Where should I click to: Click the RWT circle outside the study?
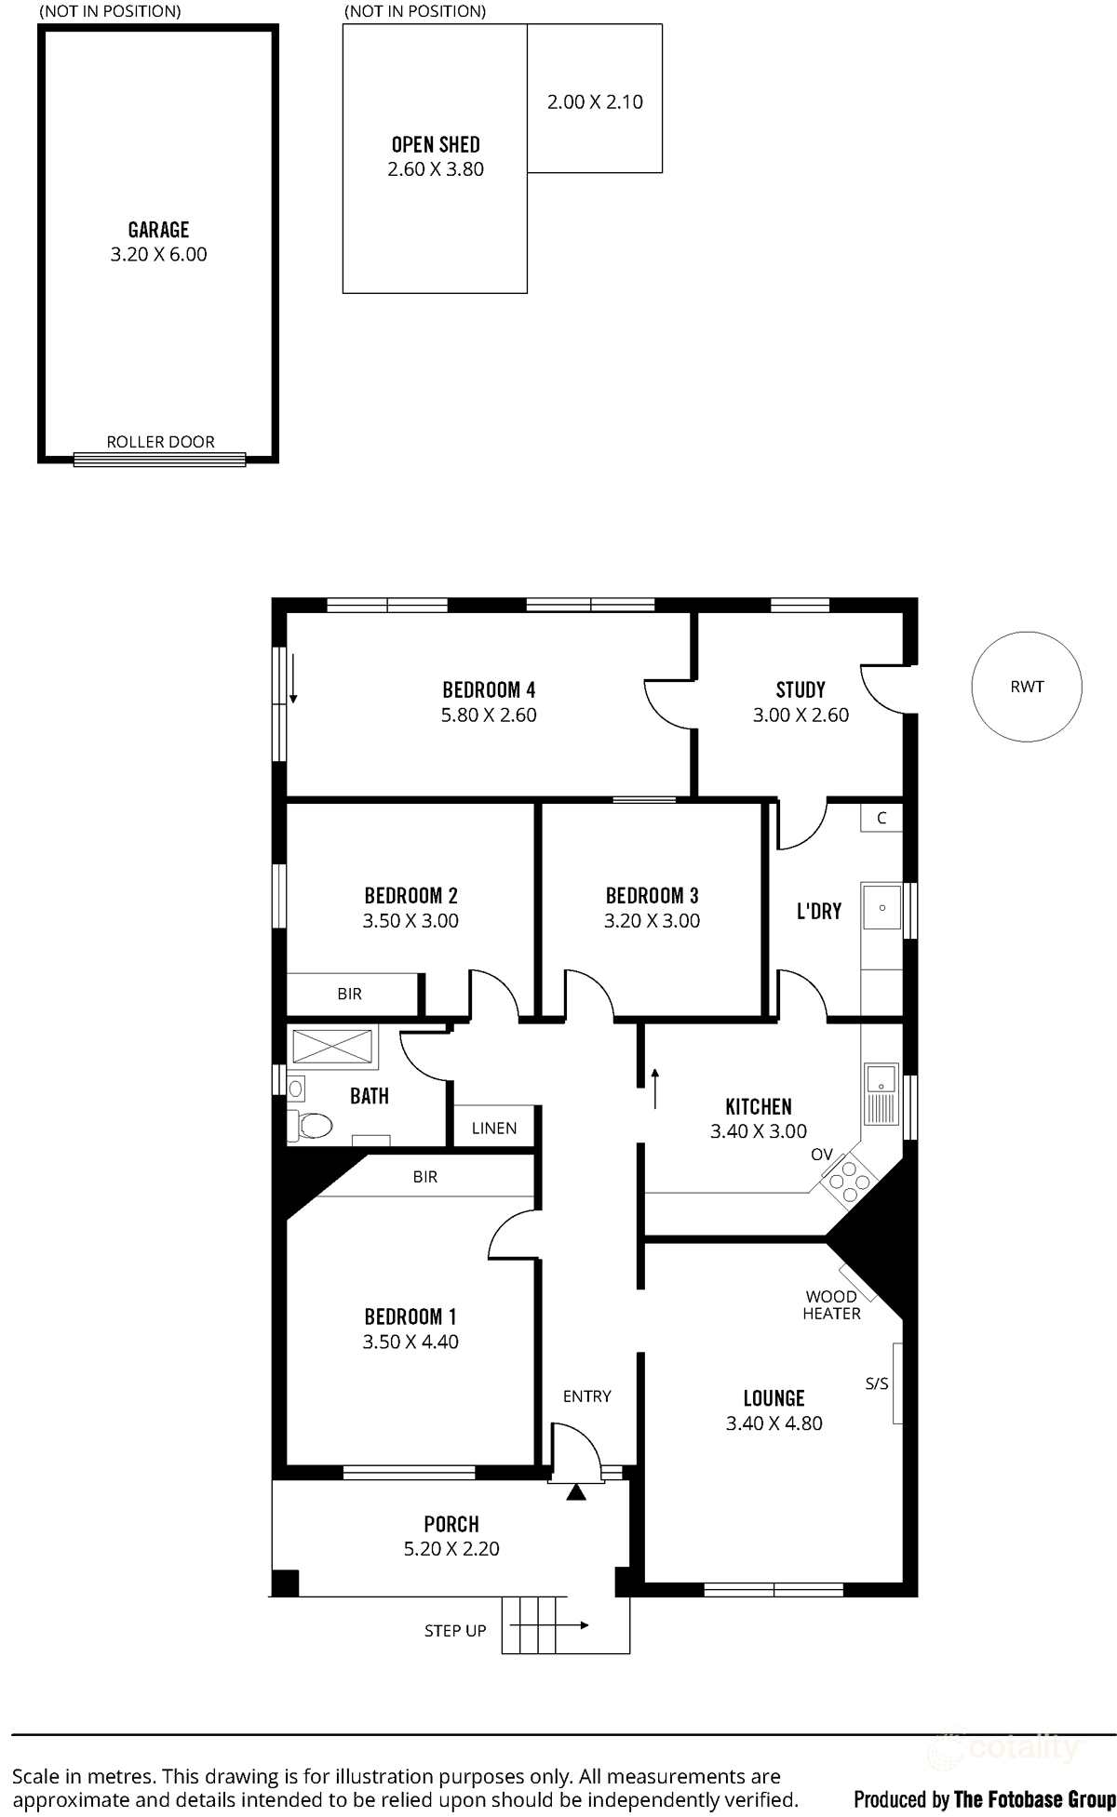point(1027,687)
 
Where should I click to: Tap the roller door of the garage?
point(159,458)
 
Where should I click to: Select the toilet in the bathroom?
point(311,1126)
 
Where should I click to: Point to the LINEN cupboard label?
point(493,1128)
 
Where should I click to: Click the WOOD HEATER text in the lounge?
point(831,1304)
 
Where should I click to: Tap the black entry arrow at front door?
point(577,1492)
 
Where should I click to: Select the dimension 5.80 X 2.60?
point(489,715)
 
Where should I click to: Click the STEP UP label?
point(455,1630)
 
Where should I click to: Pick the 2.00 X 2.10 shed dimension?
point(595,102)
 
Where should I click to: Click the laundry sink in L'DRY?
point(881,906)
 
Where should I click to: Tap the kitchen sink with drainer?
point(881,1093)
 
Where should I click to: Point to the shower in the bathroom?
point(332,1046)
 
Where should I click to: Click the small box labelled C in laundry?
point(881,818)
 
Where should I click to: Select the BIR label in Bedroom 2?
point(349,994)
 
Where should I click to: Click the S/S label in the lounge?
point(877,1383)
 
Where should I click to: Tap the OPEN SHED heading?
point(436,144)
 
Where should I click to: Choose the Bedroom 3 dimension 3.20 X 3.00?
point(652,920)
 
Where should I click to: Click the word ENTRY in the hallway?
point(586,1396)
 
